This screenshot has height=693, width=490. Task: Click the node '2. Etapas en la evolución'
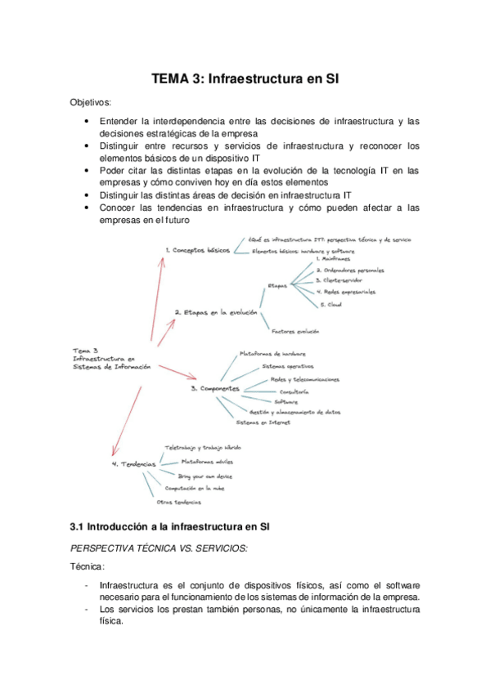coord(215,312)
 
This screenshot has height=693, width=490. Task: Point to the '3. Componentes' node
coord(214,389)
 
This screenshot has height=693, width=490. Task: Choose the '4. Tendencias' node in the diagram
coord(133,463)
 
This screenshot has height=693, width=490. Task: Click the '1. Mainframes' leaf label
coord(333,258)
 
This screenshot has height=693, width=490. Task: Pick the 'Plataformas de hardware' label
coord(273,354)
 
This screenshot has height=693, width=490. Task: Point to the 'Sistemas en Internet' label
coord(262,423)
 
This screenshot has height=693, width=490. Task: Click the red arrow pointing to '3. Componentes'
coord(176,372)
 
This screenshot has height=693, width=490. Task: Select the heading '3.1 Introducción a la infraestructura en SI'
coord(170,525)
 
